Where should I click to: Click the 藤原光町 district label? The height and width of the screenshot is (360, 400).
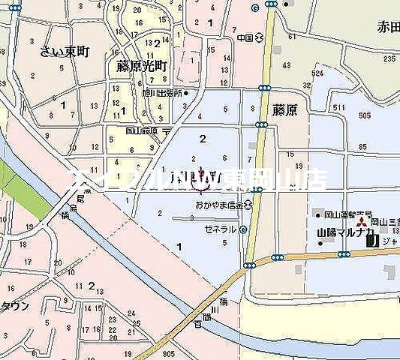click(x=141, y=66)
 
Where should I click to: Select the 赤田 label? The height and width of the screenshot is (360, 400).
click(x=387, y=28)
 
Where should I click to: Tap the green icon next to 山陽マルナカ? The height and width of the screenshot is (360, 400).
click(x=371, y=241)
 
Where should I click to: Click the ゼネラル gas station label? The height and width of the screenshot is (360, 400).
click(x=221, y=229)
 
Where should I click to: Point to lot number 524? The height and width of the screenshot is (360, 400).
click(x=317, y=73)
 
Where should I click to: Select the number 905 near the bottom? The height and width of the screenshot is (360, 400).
click(x=167, y=353)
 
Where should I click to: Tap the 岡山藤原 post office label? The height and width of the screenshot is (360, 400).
click(x=142, y=130)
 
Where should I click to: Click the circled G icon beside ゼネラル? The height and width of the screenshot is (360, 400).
click(x=243, y=230)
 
